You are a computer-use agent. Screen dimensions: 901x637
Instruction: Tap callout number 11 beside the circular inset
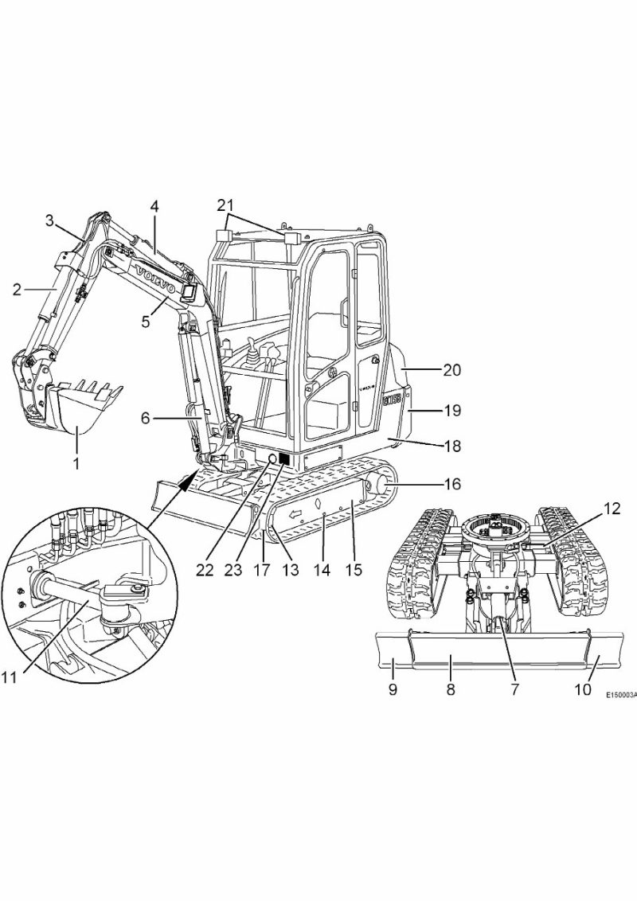[x=9, y=677]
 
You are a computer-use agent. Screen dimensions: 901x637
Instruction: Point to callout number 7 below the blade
[x=514, y=689]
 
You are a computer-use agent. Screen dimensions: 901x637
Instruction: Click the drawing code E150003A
[x=619, y=695]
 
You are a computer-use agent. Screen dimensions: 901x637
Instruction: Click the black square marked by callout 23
[x=284, y=459]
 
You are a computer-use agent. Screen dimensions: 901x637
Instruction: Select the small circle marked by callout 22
[x=272, y=459]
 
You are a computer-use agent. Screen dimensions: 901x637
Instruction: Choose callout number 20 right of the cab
[x=452, y=370]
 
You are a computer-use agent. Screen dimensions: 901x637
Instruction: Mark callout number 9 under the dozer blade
[x=393, y=689]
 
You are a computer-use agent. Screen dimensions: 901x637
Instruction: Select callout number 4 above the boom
[x=154, y=205]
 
